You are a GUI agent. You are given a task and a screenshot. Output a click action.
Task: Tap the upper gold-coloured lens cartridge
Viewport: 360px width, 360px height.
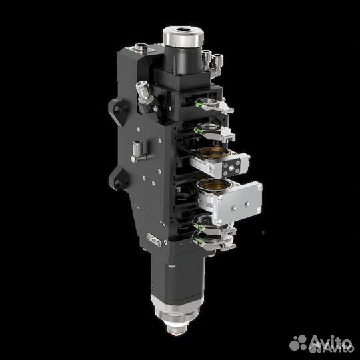210,157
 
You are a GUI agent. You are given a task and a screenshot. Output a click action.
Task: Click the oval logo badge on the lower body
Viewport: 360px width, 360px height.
153,239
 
